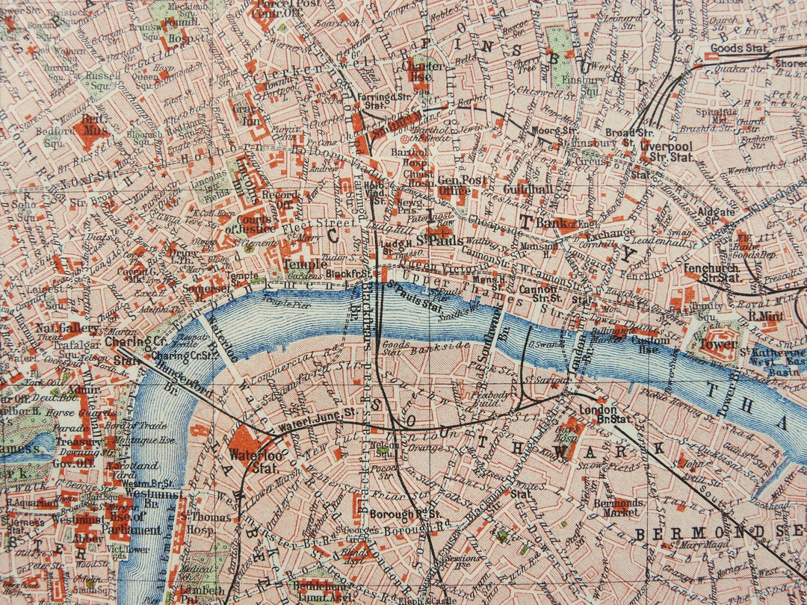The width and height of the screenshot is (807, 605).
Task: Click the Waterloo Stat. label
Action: click(x=253, y=462)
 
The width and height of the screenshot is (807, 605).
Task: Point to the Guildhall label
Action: click(x=528, y=190)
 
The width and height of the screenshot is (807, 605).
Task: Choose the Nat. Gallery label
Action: click(x=67, y=329)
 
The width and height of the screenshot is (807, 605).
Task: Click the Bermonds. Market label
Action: click(x=617, y=508)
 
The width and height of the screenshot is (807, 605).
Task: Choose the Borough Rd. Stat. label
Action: click(x=413, y=515)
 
